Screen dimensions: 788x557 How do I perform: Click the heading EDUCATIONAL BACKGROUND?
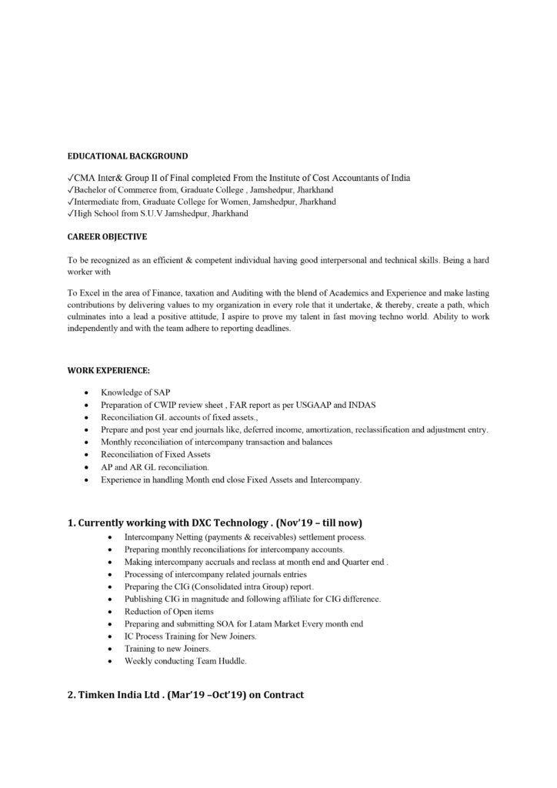click(122, 156)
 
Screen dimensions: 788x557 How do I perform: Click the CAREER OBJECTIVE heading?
click(107, 236)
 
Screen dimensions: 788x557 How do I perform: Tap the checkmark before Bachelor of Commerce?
click(71, 190)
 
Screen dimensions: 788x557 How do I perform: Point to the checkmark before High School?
click(71, 213)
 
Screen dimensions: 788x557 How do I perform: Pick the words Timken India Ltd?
click(124, 695)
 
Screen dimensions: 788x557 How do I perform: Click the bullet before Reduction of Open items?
click(114, 611)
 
